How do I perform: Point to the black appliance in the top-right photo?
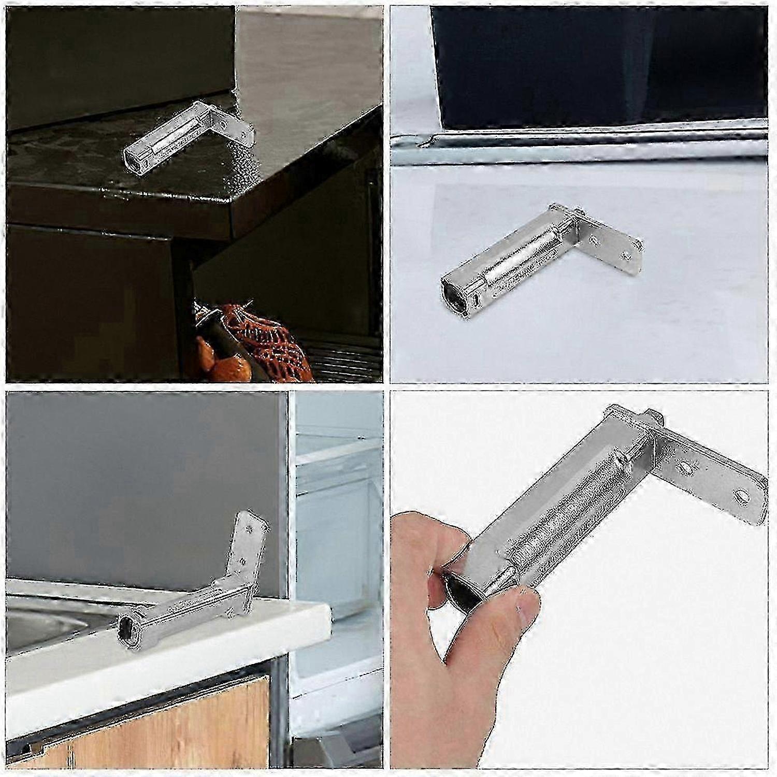click(596, 67)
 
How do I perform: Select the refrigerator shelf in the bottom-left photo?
click(337, 456)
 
